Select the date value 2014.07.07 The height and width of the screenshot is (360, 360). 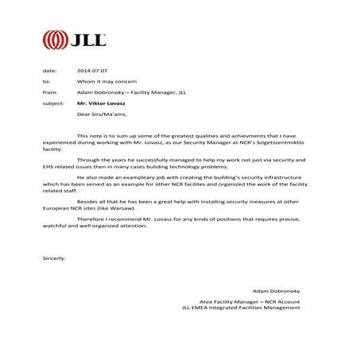pos(92,71)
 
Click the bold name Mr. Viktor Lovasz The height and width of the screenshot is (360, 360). pos(103,103)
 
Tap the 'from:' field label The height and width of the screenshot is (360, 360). pos(48,92)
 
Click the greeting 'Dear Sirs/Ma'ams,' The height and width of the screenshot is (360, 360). pos(103,114)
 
